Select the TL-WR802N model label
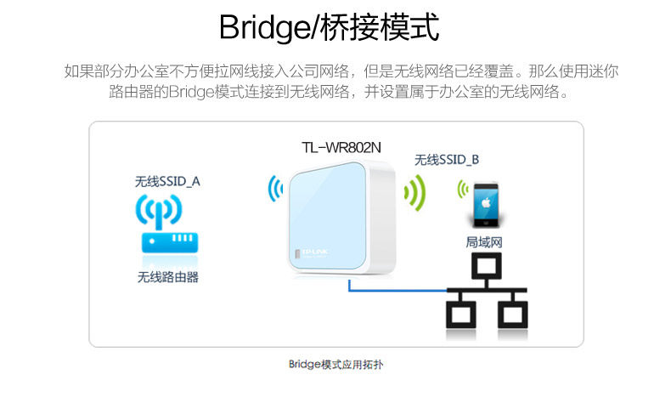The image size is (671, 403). point(341,146)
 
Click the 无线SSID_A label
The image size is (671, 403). point(167,181)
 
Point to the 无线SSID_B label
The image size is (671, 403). point(447,159)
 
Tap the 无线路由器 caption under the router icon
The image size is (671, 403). point(168,276)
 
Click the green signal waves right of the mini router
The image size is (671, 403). point(414,192)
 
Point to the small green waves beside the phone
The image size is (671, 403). point(463,190)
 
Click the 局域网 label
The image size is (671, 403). point(485,242)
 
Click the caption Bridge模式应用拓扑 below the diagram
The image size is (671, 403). point(336,365)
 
